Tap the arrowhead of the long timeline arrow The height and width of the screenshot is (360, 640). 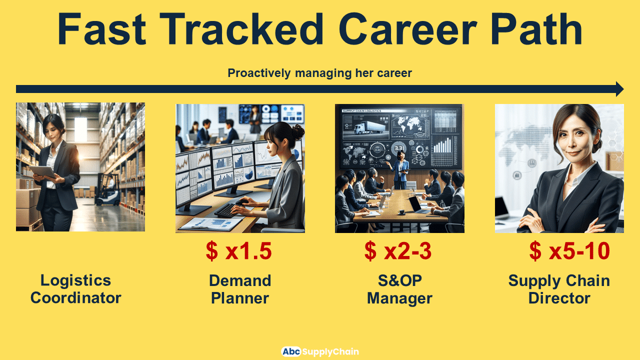[619, 89]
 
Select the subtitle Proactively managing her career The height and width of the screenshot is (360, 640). [319, 73]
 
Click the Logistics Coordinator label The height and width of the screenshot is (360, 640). [75, 289]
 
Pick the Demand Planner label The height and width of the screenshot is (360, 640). [239, 289]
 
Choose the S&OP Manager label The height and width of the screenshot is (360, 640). [399, 289]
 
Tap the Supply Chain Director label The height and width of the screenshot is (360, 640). [559, 289]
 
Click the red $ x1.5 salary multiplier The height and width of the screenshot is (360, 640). [238, 251]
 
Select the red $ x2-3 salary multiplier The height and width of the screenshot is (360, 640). [397, 251]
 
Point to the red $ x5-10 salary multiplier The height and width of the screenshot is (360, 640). [569, 251]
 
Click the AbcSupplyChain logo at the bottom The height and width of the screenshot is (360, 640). [319, 351]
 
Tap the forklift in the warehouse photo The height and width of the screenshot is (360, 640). [108, 190]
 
